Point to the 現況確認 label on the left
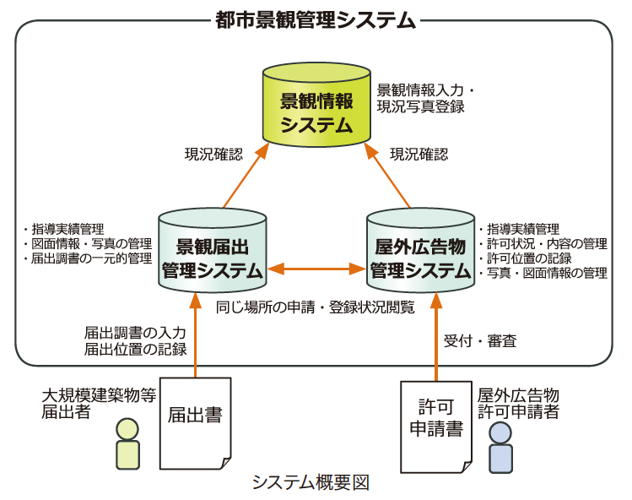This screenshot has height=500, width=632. (213, 155)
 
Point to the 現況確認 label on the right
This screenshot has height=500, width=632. (419, 155)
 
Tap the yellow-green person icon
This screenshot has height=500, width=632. (127, 444)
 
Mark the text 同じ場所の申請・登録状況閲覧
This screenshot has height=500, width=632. (316, 307)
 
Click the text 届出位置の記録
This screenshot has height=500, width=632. (135, 349)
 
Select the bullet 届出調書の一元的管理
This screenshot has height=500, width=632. (89, 258)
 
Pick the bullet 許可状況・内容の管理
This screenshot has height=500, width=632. (542, 244)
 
